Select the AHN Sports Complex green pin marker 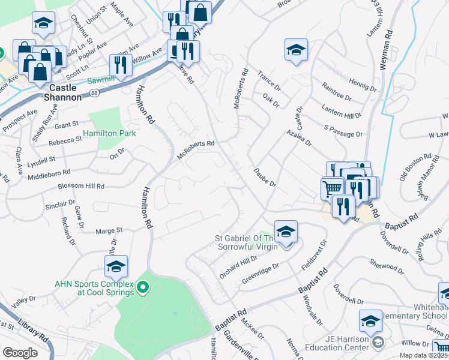point(143,289)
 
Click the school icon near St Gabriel point(286,232)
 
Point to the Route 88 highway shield point(95,92)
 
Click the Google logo point(20,353)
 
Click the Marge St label point(109,230)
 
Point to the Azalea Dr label point(299,138)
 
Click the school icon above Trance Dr point(296,50)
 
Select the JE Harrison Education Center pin point(377,343)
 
